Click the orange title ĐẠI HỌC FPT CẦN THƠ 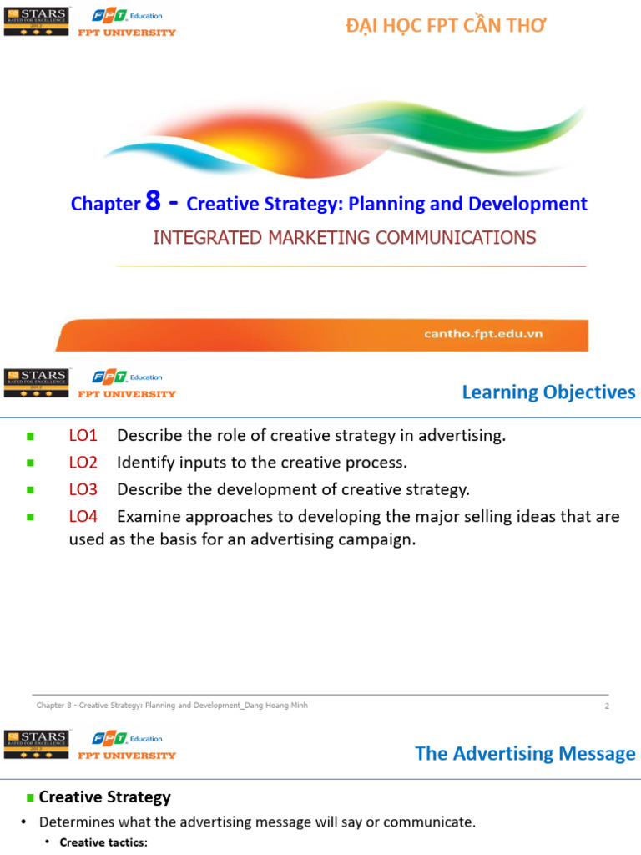tap(446, 26)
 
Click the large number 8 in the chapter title tap(152, 201)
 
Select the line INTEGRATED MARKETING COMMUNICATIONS tap(344, 238)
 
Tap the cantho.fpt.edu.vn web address tap(483, 334)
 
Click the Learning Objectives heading tap(548, 392)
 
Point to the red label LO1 tap(83, 435)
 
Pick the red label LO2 tap(83, 462)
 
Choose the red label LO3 tap(83, 488)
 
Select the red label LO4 tap(83, 516)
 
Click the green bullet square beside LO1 tap(30, 436)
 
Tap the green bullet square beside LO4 tap(30, 517)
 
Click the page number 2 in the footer tap(607, 706)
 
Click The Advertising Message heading tap(525, 754)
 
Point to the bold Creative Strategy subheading tap(104, 797)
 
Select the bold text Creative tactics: tap(103, 842)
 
